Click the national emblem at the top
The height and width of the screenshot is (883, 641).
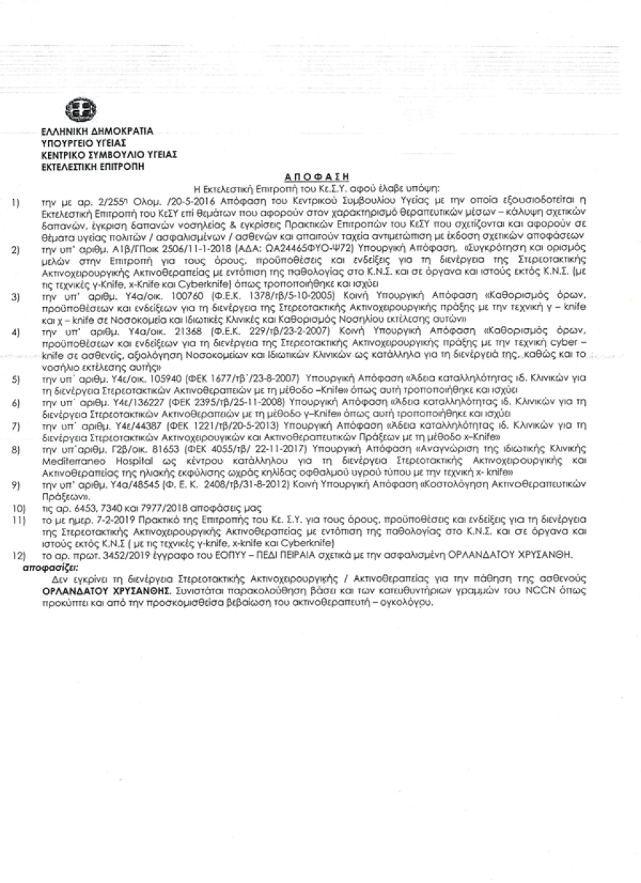pyautogui.click(x=76, y=111)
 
